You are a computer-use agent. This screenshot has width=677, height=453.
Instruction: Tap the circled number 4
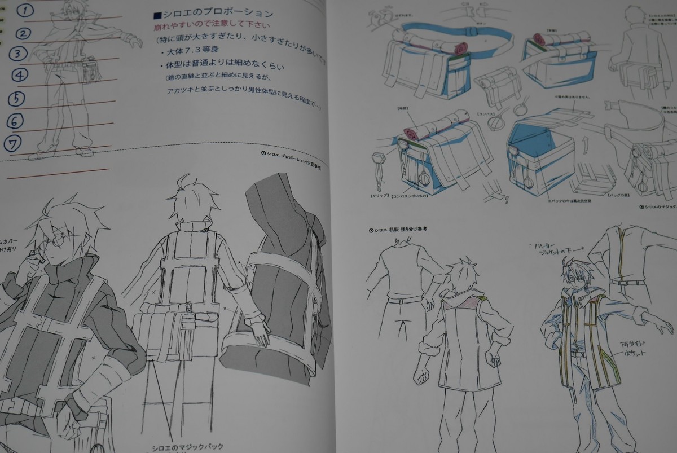point(19,75)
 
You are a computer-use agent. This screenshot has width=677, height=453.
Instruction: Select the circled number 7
point(16,141)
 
